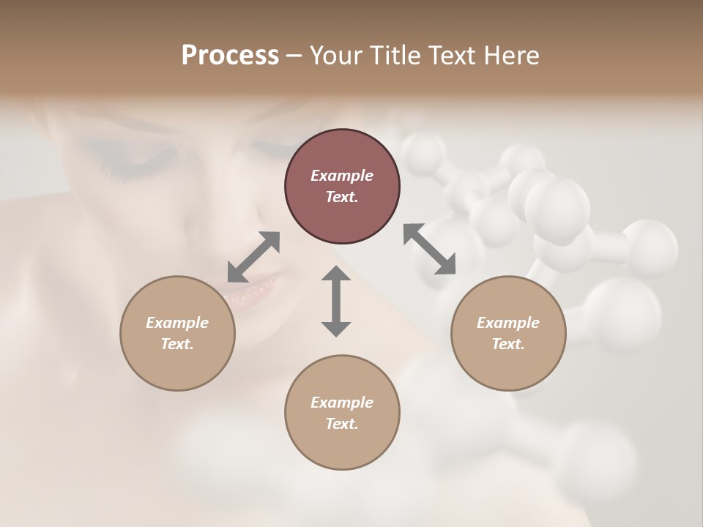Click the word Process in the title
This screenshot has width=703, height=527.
[230, 56]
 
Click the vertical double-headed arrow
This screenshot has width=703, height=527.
[336, 301]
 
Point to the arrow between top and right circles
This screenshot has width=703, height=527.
[429, 249]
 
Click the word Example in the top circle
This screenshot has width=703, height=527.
[342, 176]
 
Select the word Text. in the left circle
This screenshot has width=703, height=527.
[177, 344]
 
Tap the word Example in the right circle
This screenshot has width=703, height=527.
[508, 323]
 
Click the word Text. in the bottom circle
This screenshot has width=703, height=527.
[342, 424]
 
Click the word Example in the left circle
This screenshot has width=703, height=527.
[177, 323]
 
